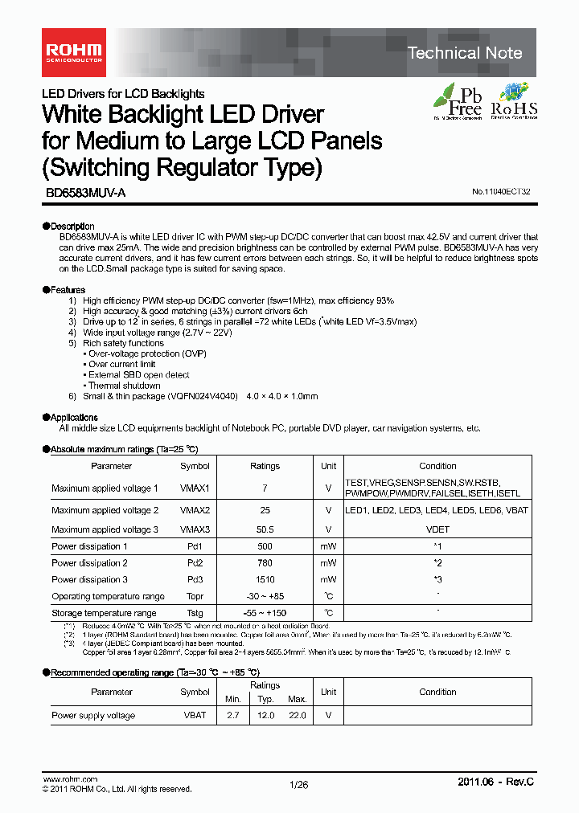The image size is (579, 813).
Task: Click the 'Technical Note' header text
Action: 465,54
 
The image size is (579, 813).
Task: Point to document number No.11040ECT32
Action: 501,193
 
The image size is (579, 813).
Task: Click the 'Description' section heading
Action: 72,226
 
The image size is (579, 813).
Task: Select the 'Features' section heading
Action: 68,289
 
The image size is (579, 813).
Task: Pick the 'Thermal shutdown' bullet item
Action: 124,386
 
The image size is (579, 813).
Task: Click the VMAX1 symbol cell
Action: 195,488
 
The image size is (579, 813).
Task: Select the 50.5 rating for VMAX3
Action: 265,529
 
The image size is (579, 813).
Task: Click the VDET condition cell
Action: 437,529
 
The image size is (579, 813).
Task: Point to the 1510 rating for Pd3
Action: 265,579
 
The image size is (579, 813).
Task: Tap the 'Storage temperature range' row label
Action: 104,613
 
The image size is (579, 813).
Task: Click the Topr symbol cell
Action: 195,596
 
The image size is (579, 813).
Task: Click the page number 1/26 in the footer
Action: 298,785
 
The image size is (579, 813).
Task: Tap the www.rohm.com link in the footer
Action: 69,779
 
